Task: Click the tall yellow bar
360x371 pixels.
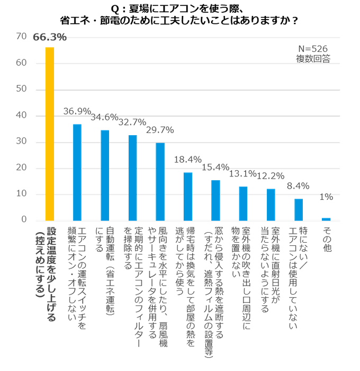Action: [49, 132]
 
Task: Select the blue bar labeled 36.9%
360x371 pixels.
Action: [77, 171]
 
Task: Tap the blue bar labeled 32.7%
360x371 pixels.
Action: [132, 176]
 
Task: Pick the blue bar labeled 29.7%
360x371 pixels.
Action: [160, 181]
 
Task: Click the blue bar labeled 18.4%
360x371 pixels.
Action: [187, 196]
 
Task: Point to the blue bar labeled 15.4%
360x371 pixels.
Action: [215, 199]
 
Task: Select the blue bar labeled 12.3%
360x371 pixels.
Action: [271, 204]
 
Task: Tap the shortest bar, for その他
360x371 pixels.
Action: [326, 218]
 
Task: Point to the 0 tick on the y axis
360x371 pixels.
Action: [23, 219]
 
